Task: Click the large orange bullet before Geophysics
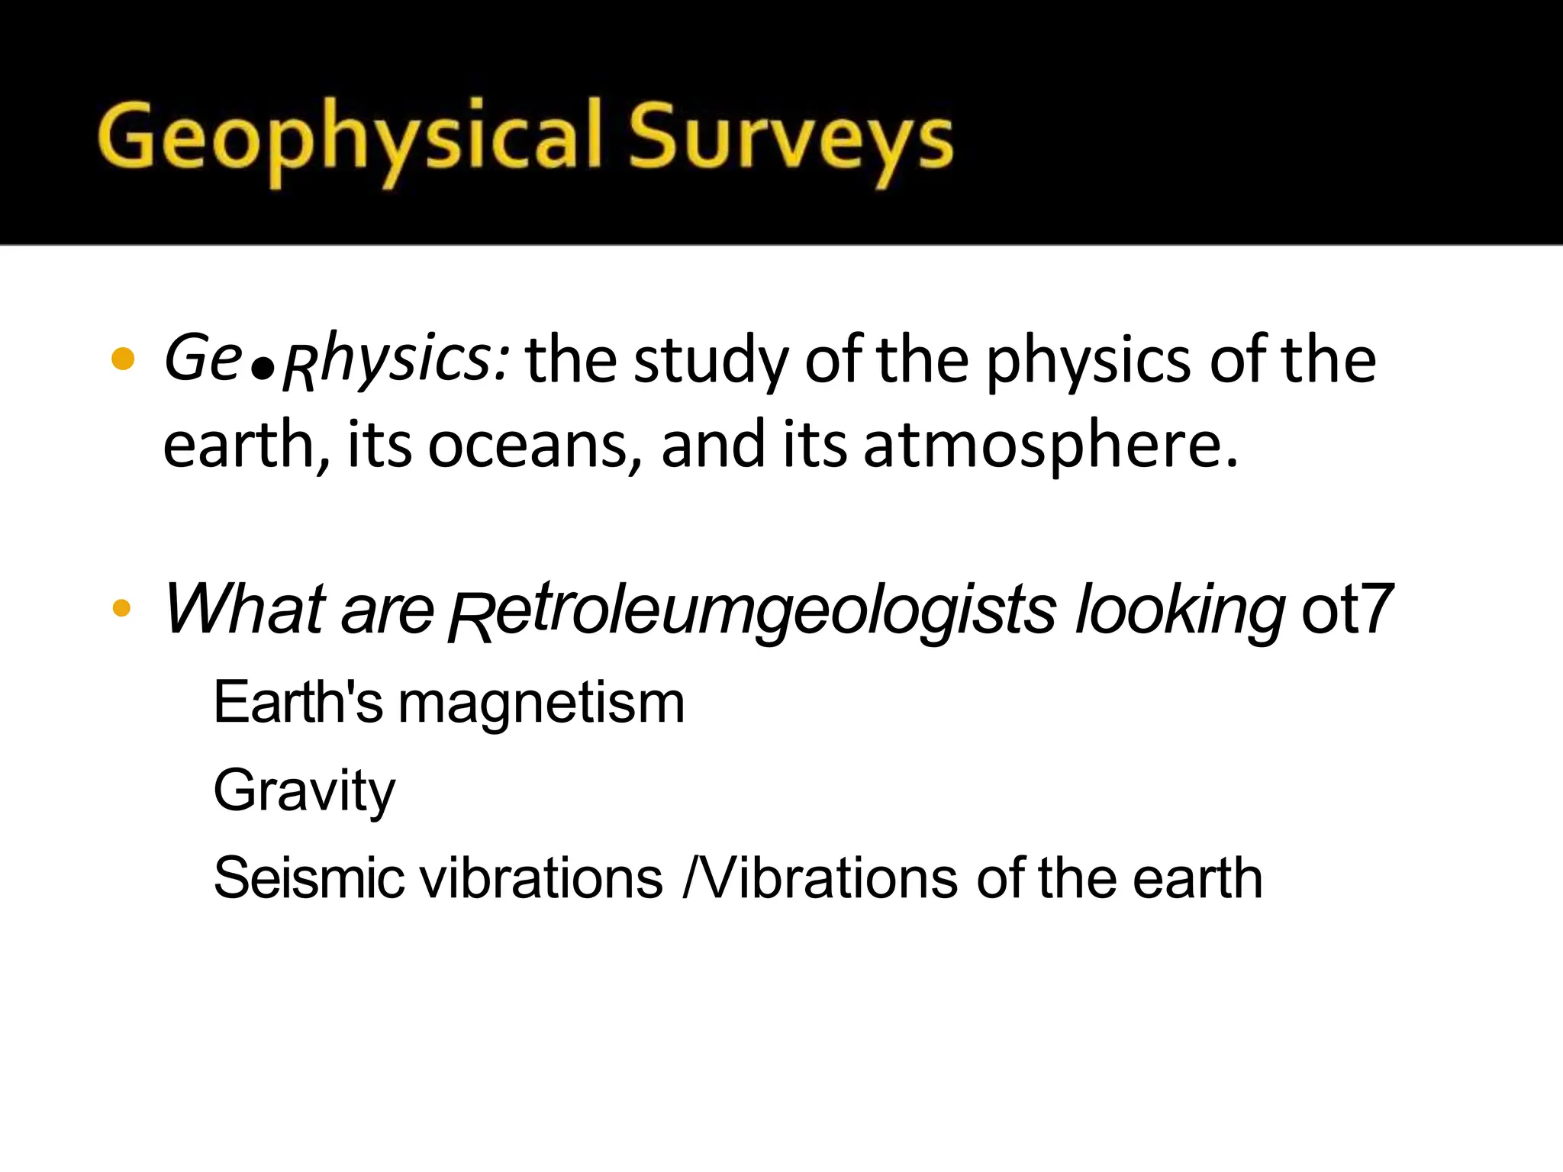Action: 123,359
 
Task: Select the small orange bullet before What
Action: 121,608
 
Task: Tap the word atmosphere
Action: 1049,446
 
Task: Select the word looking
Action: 1180,610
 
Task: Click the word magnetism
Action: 541,703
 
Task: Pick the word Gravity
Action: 305,790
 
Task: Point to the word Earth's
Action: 298,703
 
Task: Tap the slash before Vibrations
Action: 691,878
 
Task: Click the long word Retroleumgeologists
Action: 752,610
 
